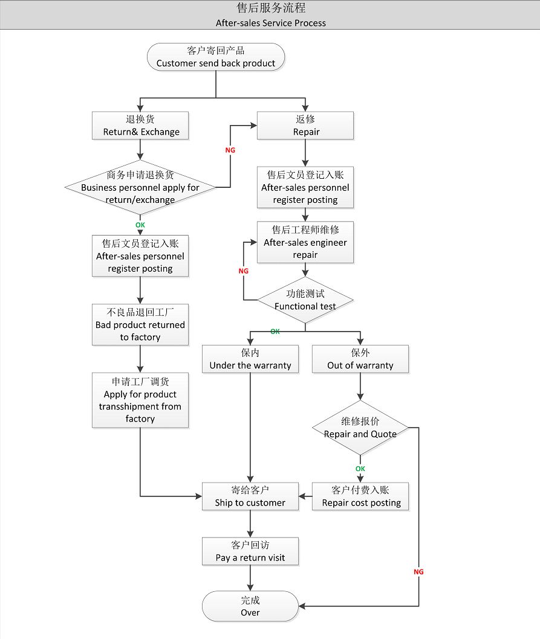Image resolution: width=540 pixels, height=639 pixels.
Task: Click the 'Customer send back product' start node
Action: pos(216,57)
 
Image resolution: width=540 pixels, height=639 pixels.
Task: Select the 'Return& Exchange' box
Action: pos(141,126)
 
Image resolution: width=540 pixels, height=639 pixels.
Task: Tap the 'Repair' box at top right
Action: pos(306,126)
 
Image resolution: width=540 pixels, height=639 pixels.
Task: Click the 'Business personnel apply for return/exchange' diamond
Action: pos(140,187)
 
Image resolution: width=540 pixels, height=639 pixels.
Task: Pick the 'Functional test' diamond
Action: pos(305,300)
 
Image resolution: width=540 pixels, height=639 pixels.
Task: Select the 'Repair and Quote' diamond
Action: pos(360,428)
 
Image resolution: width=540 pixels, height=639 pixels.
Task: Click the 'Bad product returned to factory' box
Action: pos(140,324)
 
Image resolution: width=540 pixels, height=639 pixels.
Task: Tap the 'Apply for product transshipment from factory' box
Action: pos(140,400)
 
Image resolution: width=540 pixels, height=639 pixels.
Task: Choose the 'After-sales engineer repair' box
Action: pos(305,242)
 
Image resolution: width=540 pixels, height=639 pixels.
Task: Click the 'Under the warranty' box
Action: pos(250,359)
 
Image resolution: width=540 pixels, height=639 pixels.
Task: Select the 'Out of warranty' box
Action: pos(360,359)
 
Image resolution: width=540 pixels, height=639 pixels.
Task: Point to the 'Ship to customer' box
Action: pos(250,496)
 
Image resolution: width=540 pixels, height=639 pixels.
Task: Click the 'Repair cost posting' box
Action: pos(361,496)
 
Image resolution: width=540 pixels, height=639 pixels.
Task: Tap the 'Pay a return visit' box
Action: pos(250,551)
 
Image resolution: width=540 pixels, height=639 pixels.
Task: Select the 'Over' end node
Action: pos(250,606)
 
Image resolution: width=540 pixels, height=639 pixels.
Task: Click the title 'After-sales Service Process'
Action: pos(270,23)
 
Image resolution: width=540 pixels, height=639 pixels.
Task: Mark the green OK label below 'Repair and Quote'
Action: pos(360,469)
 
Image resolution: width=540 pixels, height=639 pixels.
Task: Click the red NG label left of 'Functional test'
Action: pos(244,271)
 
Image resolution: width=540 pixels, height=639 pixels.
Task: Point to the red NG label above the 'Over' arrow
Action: pos(418,571)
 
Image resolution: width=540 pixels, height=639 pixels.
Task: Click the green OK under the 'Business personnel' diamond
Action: pos(140,225)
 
